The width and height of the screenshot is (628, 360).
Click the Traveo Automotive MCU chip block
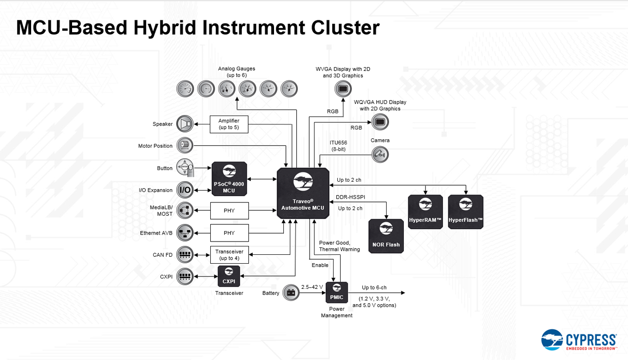[x=303, y=192]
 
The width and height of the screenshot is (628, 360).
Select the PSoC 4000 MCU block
[x=229, y=179]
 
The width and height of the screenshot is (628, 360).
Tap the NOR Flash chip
[x=386, y=236]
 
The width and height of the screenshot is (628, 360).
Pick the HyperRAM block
[x=426, y=211]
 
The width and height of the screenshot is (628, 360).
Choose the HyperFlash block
[x=466, y=211]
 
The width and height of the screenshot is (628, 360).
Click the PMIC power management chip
[x=337, y=292]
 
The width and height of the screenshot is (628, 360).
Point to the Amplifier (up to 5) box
[x=229, y=124]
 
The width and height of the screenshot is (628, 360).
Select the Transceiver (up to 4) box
[x=229, y=255]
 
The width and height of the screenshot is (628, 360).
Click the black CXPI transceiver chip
[x=229, y=276]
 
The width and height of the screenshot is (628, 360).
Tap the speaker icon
[x=185, y=123]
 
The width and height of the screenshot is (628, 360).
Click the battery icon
[x=291, y=293]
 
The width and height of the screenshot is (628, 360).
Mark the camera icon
[x=380, y=155]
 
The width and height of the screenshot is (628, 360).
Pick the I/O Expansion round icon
[x=185, y=190]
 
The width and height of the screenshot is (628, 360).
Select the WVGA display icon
[x=343, y=89]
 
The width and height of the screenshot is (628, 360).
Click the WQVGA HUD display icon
[x=380, y=121]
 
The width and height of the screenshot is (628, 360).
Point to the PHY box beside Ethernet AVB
[x=229, y=233]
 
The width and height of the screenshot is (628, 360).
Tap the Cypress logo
[x=579, y=340]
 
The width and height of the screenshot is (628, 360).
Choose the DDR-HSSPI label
[x=350, y=198]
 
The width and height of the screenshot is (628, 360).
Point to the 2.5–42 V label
[x=312, y=287]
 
